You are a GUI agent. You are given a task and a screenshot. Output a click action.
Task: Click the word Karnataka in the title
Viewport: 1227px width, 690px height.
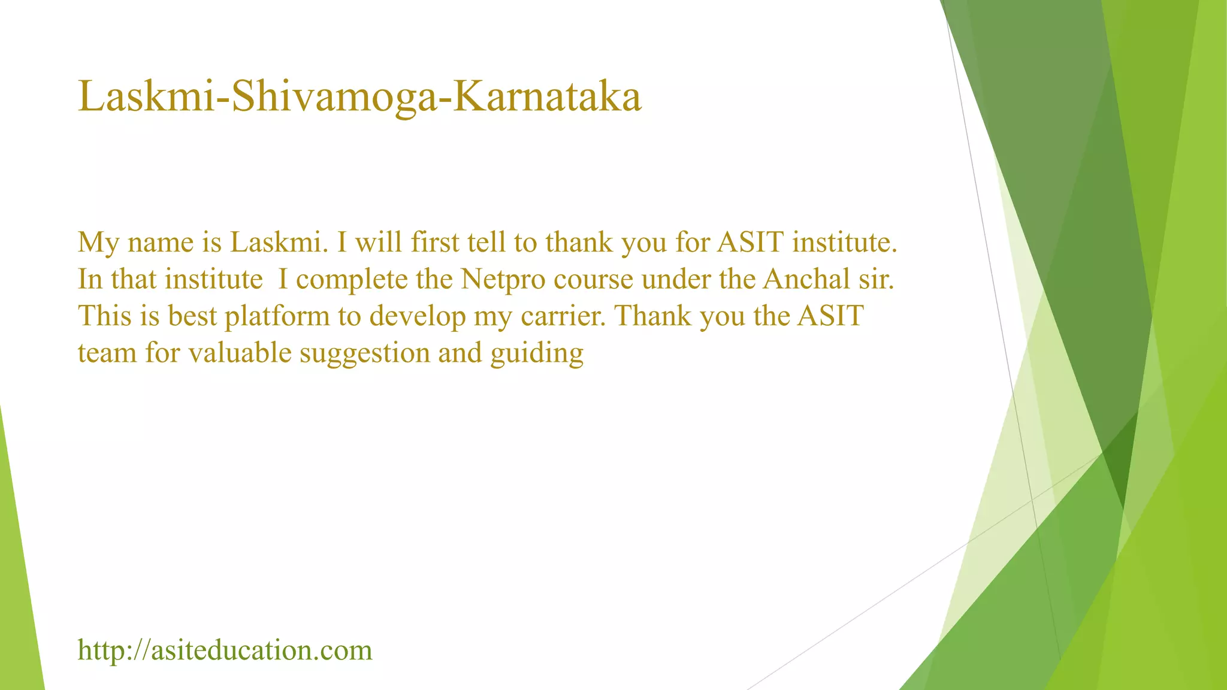tap(547, 96)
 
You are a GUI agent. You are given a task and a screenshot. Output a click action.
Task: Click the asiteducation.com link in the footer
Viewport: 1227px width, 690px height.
tap(225, 650)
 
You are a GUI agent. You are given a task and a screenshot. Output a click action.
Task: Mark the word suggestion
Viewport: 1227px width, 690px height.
tap(365, 353)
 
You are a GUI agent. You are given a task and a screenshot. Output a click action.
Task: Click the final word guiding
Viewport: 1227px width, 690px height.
tap(537, 353)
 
